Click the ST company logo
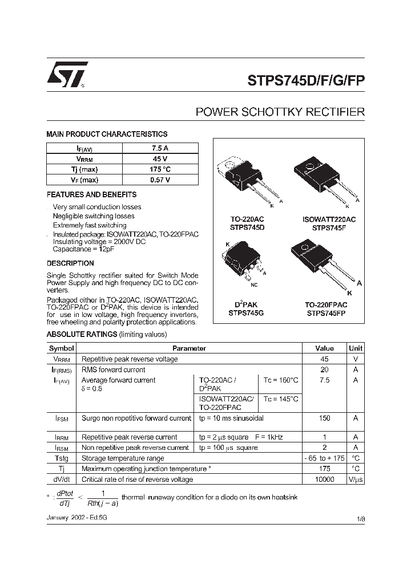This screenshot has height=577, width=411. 67,74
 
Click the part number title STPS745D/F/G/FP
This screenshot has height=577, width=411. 305,80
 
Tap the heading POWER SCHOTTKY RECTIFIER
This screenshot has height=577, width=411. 280,112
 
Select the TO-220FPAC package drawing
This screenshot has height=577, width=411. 323,262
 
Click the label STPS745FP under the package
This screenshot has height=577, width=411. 327,313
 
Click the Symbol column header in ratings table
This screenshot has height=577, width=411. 62,348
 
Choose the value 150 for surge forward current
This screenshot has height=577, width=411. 325,418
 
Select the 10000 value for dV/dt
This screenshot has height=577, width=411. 325,480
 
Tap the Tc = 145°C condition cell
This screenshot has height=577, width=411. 280,399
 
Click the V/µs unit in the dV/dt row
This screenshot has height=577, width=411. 355,480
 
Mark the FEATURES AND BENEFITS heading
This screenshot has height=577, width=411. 91,195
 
